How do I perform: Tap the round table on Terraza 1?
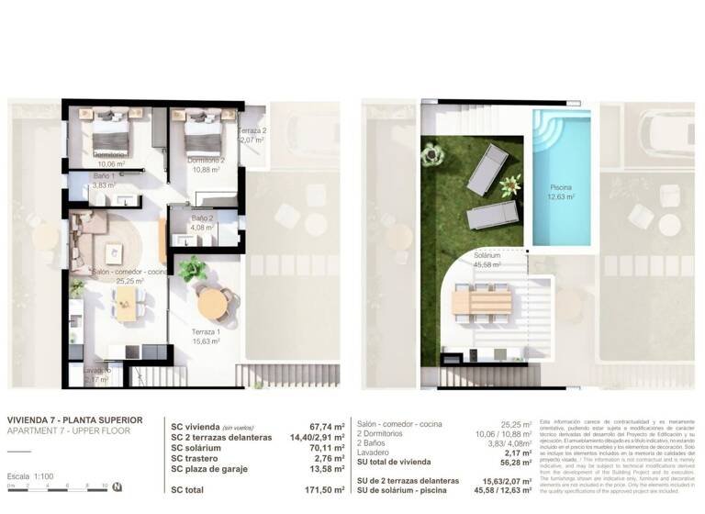(215, 302)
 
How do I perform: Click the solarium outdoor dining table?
(482, 299)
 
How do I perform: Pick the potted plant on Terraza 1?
(193, 270)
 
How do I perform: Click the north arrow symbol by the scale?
(117, 486)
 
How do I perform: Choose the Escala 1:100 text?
(31, 476)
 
